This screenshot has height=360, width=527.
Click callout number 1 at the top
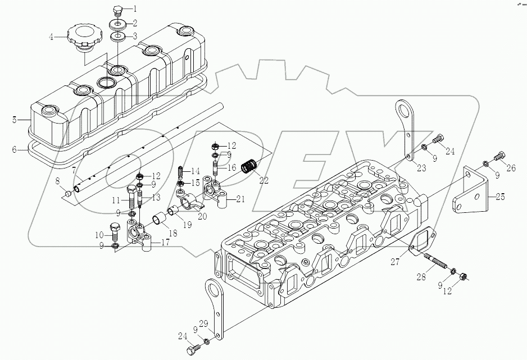point(134,9)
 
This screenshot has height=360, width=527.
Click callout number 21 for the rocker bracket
point(240,199)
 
